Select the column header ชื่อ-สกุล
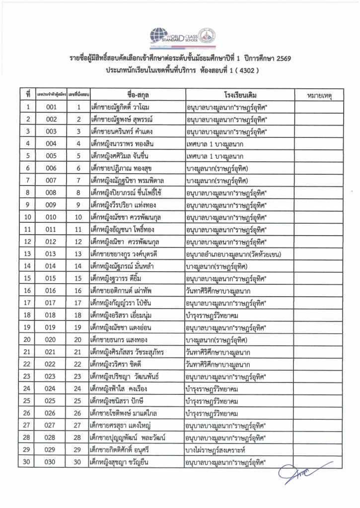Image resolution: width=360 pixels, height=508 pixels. (135, 94)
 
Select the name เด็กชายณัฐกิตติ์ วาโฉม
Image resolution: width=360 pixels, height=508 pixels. (124, 107)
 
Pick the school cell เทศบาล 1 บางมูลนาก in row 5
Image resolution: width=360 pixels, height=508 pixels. (216, 156)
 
